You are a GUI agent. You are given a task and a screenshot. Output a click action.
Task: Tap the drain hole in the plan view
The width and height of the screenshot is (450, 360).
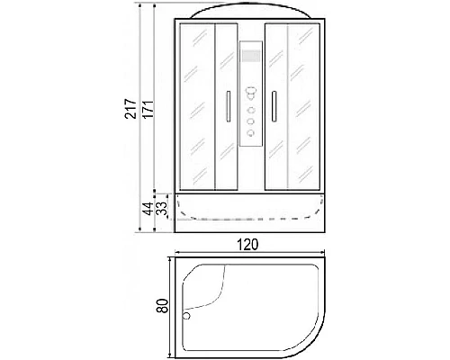pos(186,315)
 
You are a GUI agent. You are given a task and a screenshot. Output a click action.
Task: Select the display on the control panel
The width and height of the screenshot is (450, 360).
pos(250,56)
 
